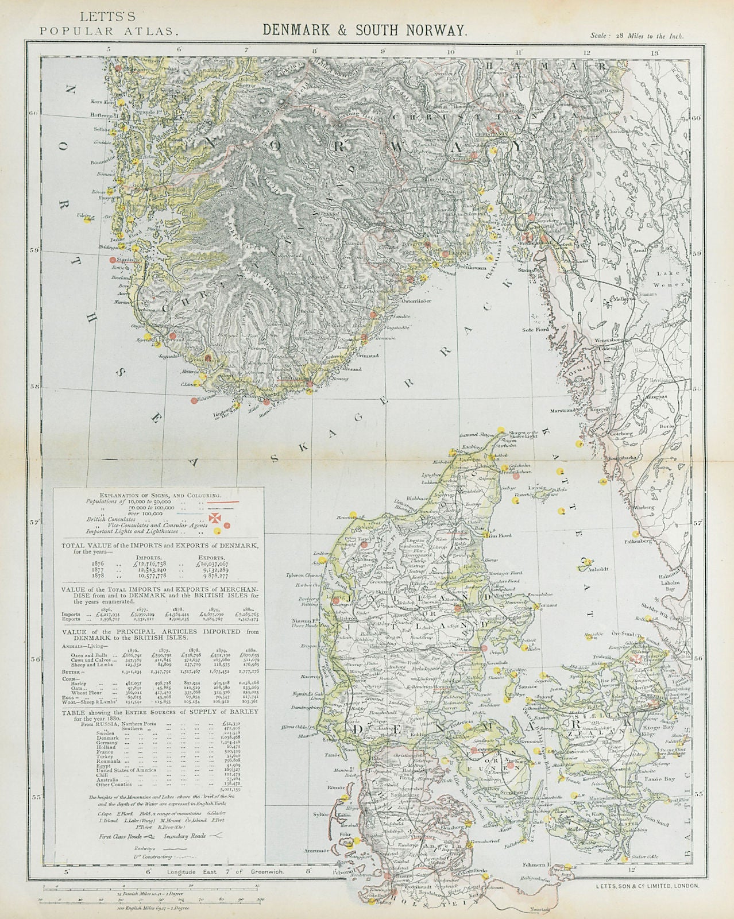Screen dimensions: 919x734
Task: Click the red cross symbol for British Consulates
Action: [x=214, y=519]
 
